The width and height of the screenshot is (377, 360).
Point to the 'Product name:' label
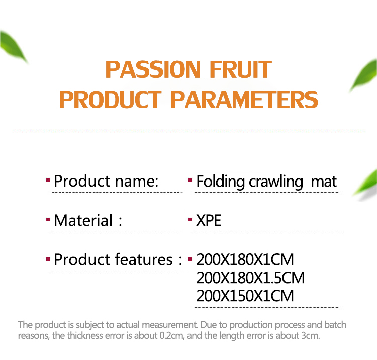pyautogui.click(x=106, y=181)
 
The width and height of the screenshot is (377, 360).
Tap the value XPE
pyautogui.click(x=209, y=220)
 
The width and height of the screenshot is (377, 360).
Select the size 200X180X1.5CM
pyautogui.click(x=250, y=278)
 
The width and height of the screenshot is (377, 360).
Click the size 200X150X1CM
pyautogui.click(x=245, y=295)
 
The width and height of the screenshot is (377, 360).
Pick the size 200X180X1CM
pyautogui.click(x=245, y=260)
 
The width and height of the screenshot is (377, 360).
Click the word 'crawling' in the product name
pyautogui.click(x=276, y=182)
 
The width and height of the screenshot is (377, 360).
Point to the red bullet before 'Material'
pyautogui.click(x=48, y=219)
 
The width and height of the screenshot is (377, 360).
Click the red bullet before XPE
pyautogui.click(x=191, y=219)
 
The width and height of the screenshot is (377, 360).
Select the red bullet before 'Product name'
pyautogui.click(x=48, y=179)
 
